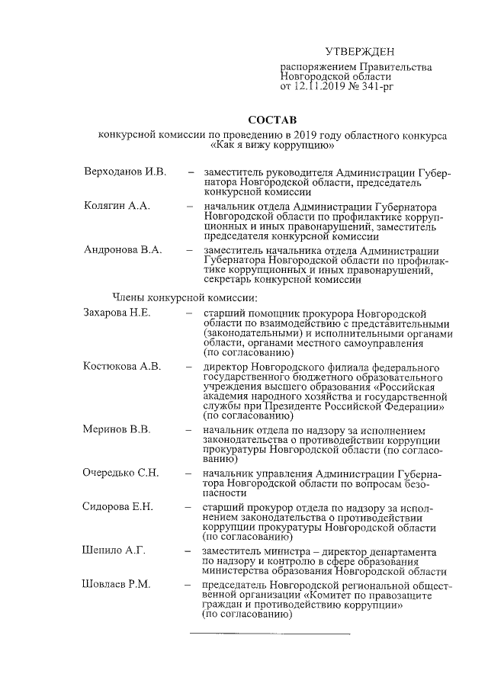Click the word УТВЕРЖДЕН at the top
coord(360,52)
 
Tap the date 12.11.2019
coord(322,88)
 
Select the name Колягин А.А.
coord(117,207)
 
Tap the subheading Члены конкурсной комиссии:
coord(175,297)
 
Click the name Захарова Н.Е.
coord(117,313)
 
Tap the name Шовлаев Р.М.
coord(117,584)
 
